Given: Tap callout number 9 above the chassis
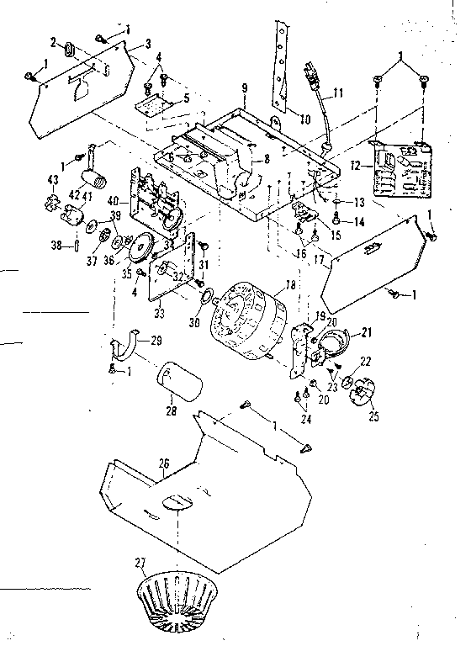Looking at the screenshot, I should (x=243, y=87).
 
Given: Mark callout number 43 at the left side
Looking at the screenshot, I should (x=52, y=180).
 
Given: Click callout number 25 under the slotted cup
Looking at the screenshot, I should (x=374, y=416).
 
